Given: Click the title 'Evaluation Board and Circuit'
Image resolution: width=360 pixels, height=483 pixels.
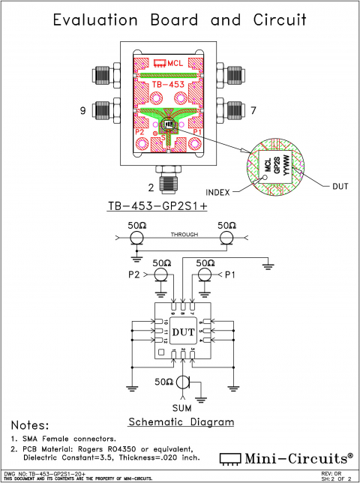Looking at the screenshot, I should (179, 19).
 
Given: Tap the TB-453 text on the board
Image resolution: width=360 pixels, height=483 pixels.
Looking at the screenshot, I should (167, 85).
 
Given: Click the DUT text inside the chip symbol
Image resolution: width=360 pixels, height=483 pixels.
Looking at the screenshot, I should (183, 331).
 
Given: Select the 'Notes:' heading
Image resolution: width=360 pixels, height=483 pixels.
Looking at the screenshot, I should (28, 425).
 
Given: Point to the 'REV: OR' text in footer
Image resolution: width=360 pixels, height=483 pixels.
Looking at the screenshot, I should (332, 473).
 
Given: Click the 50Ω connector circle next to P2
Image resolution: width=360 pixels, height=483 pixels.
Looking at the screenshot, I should (160, 275).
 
